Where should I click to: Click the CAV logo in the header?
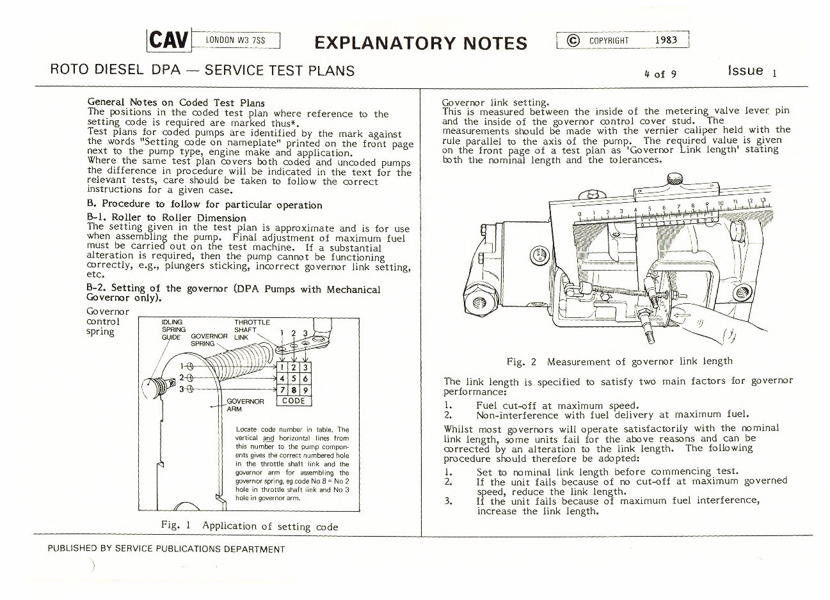(x=169, y=40)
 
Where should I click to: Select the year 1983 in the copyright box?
(x=666, y=40)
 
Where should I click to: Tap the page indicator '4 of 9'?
(x=660, y=74)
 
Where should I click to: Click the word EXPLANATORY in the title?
(x=385, y=43)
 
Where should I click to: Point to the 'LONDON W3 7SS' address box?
(x=235, y=41)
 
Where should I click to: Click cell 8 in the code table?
(x=294, y=390)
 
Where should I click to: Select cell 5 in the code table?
(x=294, y=379)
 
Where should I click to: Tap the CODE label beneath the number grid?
(x=294, y=401)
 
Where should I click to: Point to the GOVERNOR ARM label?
(x=245, y=405)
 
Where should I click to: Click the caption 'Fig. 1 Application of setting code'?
(x=250, y=526)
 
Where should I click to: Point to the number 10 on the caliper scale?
(x=721, y=204)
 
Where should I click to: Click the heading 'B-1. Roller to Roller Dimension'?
(x=166, y=217)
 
